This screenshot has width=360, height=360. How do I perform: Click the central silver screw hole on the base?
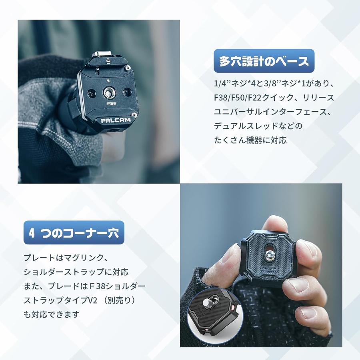pos(108,93)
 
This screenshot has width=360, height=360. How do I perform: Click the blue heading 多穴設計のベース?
pos(264,61)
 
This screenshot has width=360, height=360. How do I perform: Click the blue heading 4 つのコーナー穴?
pos(74,233)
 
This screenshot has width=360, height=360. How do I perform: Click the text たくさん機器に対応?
pos(250,140)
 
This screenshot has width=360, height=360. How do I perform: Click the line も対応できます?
pos(52,314)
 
